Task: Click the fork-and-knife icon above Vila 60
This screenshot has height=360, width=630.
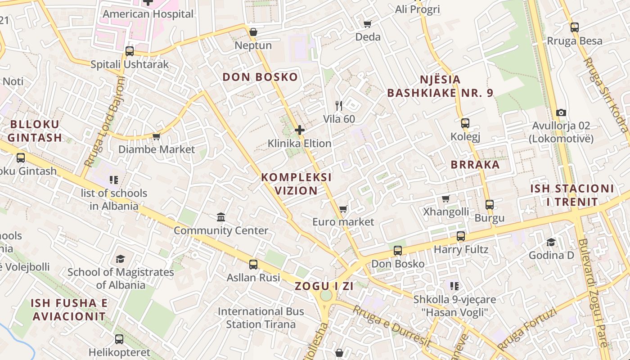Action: click(x=339, y=106)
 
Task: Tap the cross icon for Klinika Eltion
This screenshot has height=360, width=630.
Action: click(x=300, y=130)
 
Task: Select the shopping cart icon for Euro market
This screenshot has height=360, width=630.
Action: click(x=343, y=209)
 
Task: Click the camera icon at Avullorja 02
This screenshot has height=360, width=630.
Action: click(x=561, y=112)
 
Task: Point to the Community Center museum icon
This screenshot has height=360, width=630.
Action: click(x=221, y=217)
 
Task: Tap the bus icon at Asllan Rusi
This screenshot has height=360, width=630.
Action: click(x=253, y=265)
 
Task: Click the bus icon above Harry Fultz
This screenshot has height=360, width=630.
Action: click(x=460, y=236)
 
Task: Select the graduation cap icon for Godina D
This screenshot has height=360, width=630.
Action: click(x=551, y=243)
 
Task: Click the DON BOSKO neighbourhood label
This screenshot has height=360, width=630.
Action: click(x=260, y=77)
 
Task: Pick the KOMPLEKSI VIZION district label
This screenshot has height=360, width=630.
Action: click(x=296, y=184)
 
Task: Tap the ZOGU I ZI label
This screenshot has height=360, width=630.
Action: click(x=324, y=286)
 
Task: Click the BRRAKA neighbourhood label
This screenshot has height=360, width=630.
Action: click(x=475, y=165)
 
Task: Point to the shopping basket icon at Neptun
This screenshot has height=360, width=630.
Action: click(x=253, y=32)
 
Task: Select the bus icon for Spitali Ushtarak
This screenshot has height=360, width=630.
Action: click(x=130, y=51)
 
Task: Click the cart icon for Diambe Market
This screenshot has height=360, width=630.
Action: click(x=156, y=136)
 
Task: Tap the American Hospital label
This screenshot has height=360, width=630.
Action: click(x=148, y=14)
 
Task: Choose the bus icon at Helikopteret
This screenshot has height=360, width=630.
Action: click(x=119, y=339)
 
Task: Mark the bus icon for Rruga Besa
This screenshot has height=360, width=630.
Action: click(x=574, y=27)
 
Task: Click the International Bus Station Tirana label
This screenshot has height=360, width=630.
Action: click(x=261, y=318)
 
